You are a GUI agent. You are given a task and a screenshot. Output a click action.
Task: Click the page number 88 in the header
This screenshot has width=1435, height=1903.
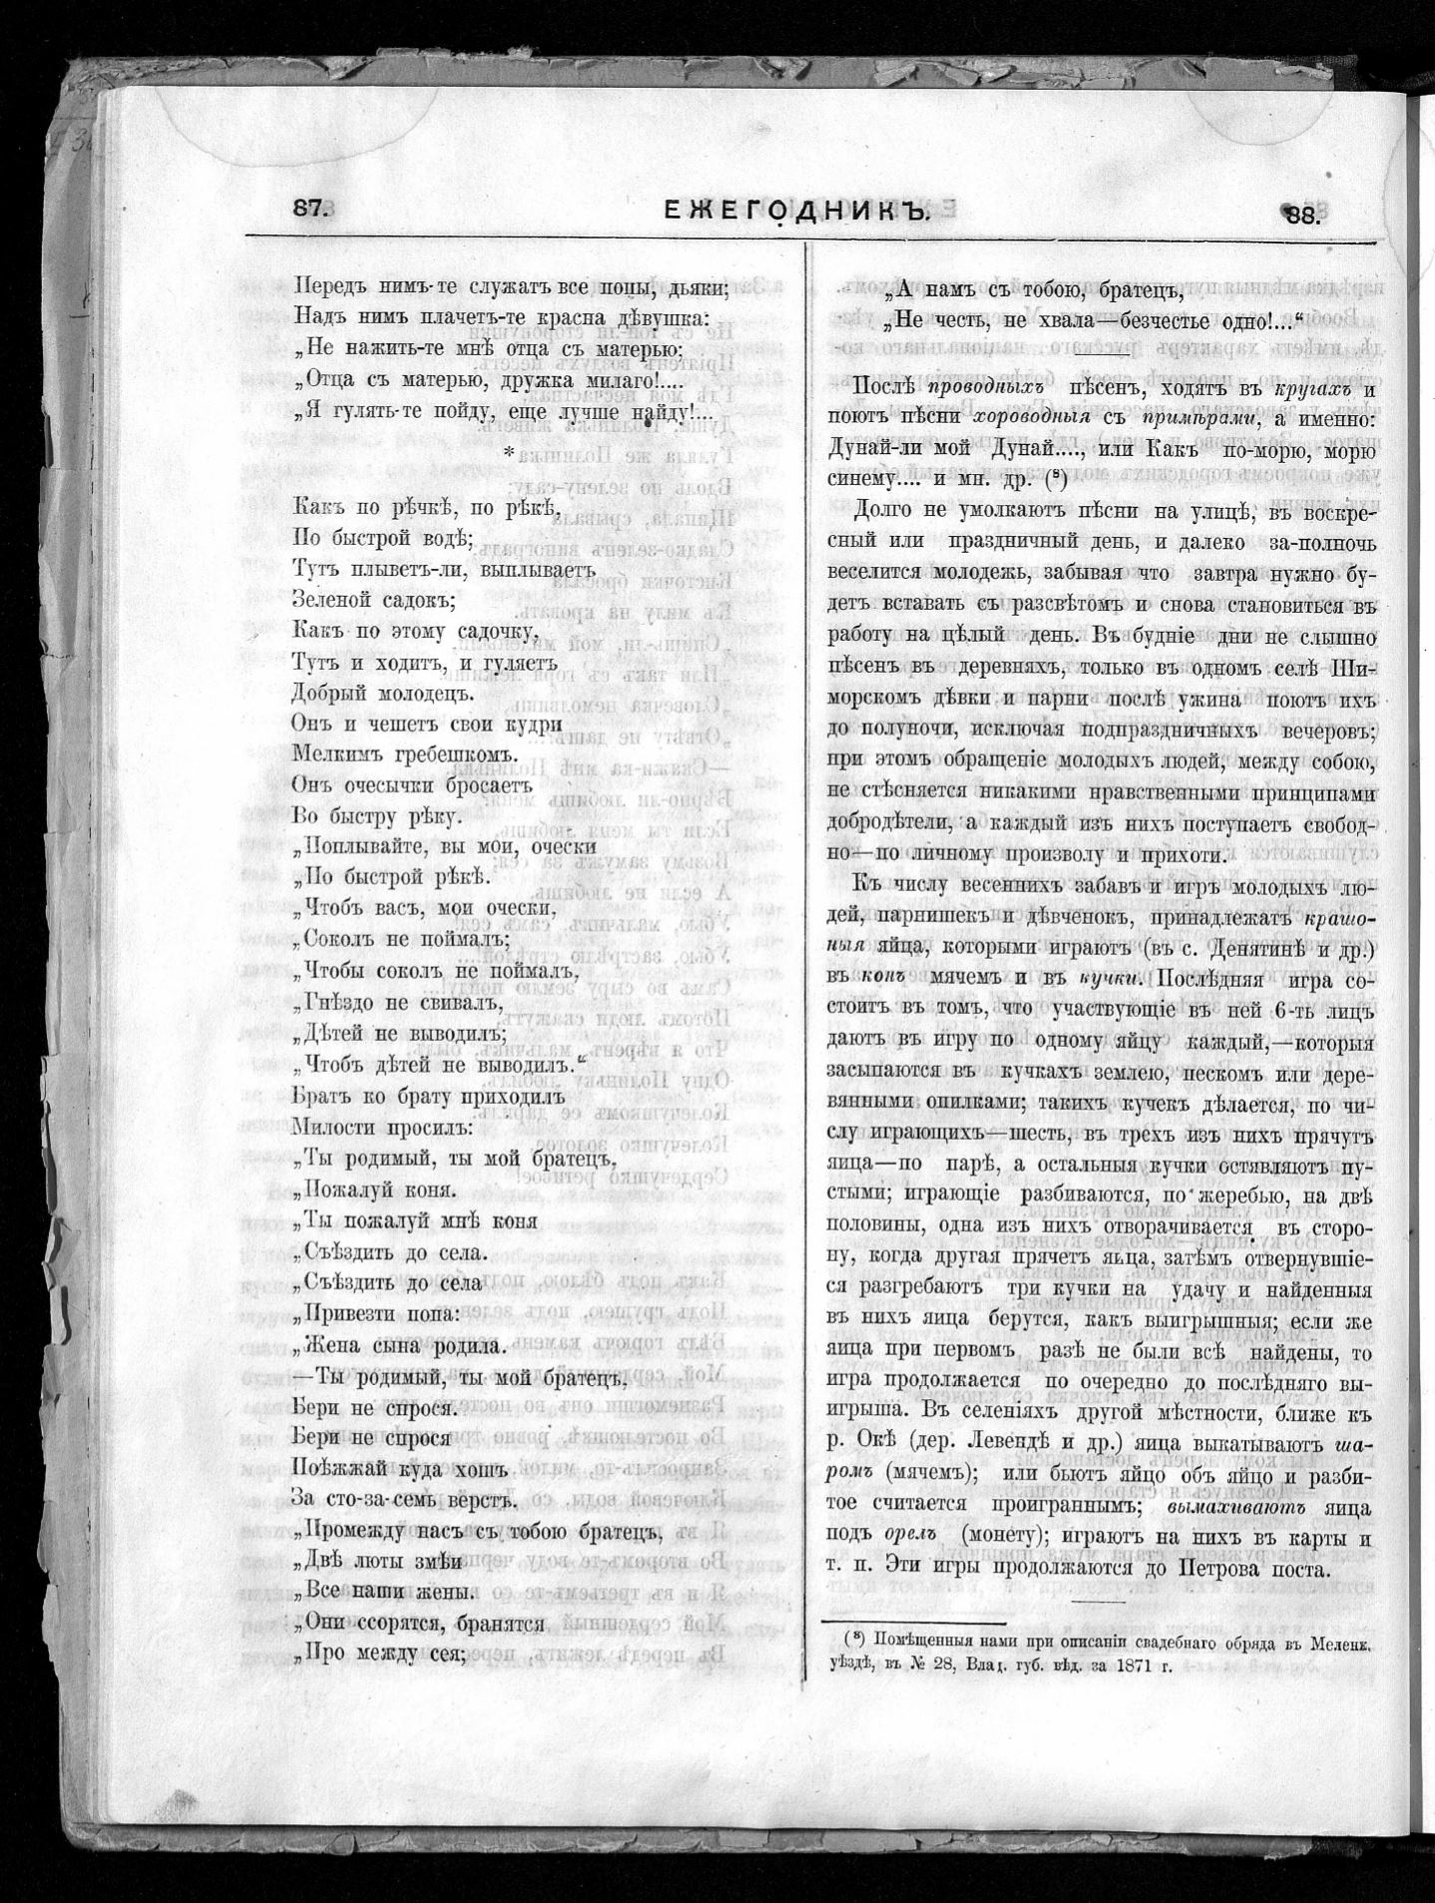1302,213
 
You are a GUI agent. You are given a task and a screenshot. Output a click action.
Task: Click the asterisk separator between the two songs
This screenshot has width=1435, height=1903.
510,454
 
